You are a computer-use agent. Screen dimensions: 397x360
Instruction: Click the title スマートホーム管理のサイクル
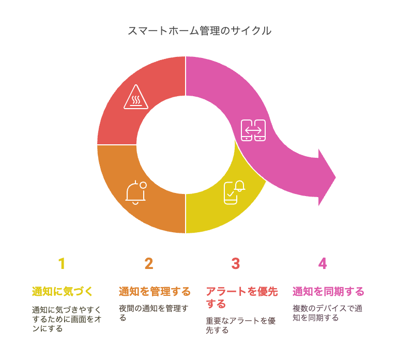(x=200, y=31)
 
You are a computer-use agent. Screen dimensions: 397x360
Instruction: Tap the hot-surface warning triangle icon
(x=136, y=97)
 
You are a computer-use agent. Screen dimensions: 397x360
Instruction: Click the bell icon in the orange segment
(x=136, y=192)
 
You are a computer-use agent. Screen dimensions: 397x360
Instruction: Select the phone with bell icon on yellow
(x=235, y=192)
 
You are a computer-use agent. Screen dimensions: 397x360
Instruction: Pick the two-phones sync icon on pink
(x=253, y=130)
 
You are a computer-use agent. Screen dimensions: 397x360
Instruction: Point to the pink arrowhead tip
(x=335, y=177)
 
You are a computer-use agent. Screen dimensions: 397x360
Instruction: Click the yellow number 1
(x=62, y=263)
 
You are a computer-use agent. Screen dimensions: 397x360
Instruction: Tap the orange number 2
(x=149, y=263)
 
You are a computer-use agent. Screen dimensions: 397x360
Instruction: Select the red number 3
(x=236, y=263)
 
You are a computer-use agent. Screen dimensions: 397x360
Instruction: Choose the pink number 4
(x=323, y=263)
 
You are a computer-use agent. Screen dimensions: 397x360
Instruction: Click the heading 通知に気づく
(x=62, y=291)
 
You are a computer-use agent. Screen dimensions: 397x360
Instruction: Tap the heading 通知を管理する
(x=155, y=291)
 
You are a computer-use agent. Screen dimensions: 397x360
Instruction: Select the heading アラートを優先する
(x=241, y=297)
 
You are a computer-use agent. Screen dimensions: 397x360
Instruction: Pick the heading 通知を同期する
(x=328, y=291)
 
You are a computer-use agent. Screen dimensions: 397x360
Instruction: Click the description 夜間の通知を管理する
(x=154, y=313)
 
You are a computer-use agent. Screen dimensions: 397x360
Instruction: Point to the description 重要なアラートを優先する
(x=240, y=325)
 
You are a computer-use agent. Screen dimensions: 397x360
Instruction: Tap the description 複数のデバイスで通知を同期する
(x=327, y=313)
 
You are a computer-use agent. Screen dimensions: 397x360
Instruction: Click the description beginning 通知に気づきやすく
(x=67, y=319)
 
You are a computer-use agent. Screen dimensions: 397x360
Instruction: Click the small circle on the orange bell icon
(x=143, y=185)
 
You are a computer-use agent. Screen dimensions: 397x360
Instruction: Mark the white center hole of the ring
(x=186, y=145)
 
